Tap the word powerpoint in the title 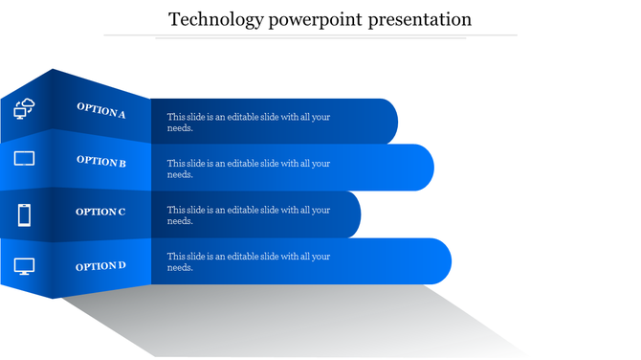pos(303,19)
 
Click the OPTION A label pos(101,111)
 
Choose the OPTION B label pos(101,162)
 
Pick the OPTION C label pos(100,212)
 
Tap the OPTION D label pos(100,265)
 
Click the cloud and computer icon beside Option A pos(25,108)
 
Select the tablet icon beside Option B pos(24,158)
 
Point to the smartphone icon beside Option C pos(25,214)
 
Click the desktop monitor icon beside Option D pos(24,267)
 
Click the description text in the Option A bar pos(248,122)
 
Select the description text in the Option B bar pos(248,169)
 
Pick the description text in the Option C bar pos(248,215)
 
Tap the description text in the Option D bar pos(248,261)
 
